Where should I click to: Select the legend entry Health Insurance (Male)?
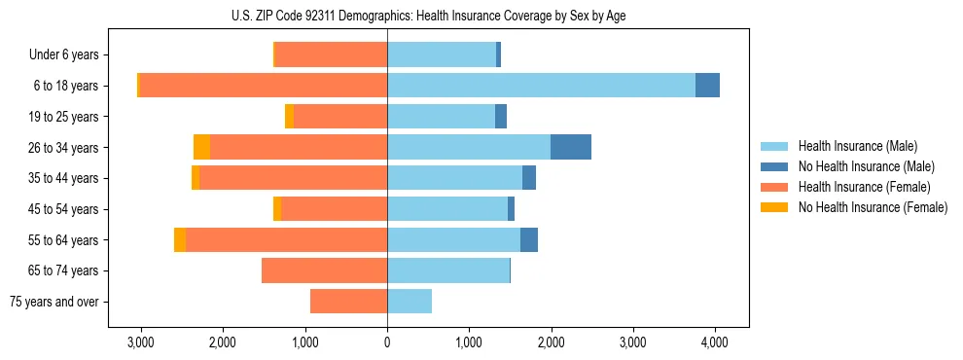point(857,146)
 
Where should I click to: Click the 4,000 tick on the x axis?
point(715,342)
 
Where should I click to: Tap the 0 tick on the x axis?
point(387,342)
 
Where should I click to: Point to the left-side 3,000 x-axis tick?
point(141,342)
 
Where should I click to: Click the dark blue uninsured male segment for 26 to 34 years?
point(571,147)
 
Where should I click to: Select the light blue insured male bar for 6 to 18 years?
point(541,86)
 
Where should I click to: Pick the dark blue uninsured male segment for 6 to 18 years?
point(707,86)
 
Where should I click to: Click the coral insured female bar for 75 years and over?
point(348,302)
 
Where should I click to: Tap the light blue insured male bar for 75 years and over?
point(410,302)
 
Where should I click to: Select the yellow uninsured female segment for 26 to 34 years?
point(201,147)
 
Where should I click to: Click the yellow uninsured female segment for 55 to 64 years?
point(180,239)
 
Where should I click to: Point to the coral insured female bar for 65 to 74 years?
point(324,270)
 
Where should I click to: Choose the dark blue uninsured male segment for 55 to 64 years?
point(529,239)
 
